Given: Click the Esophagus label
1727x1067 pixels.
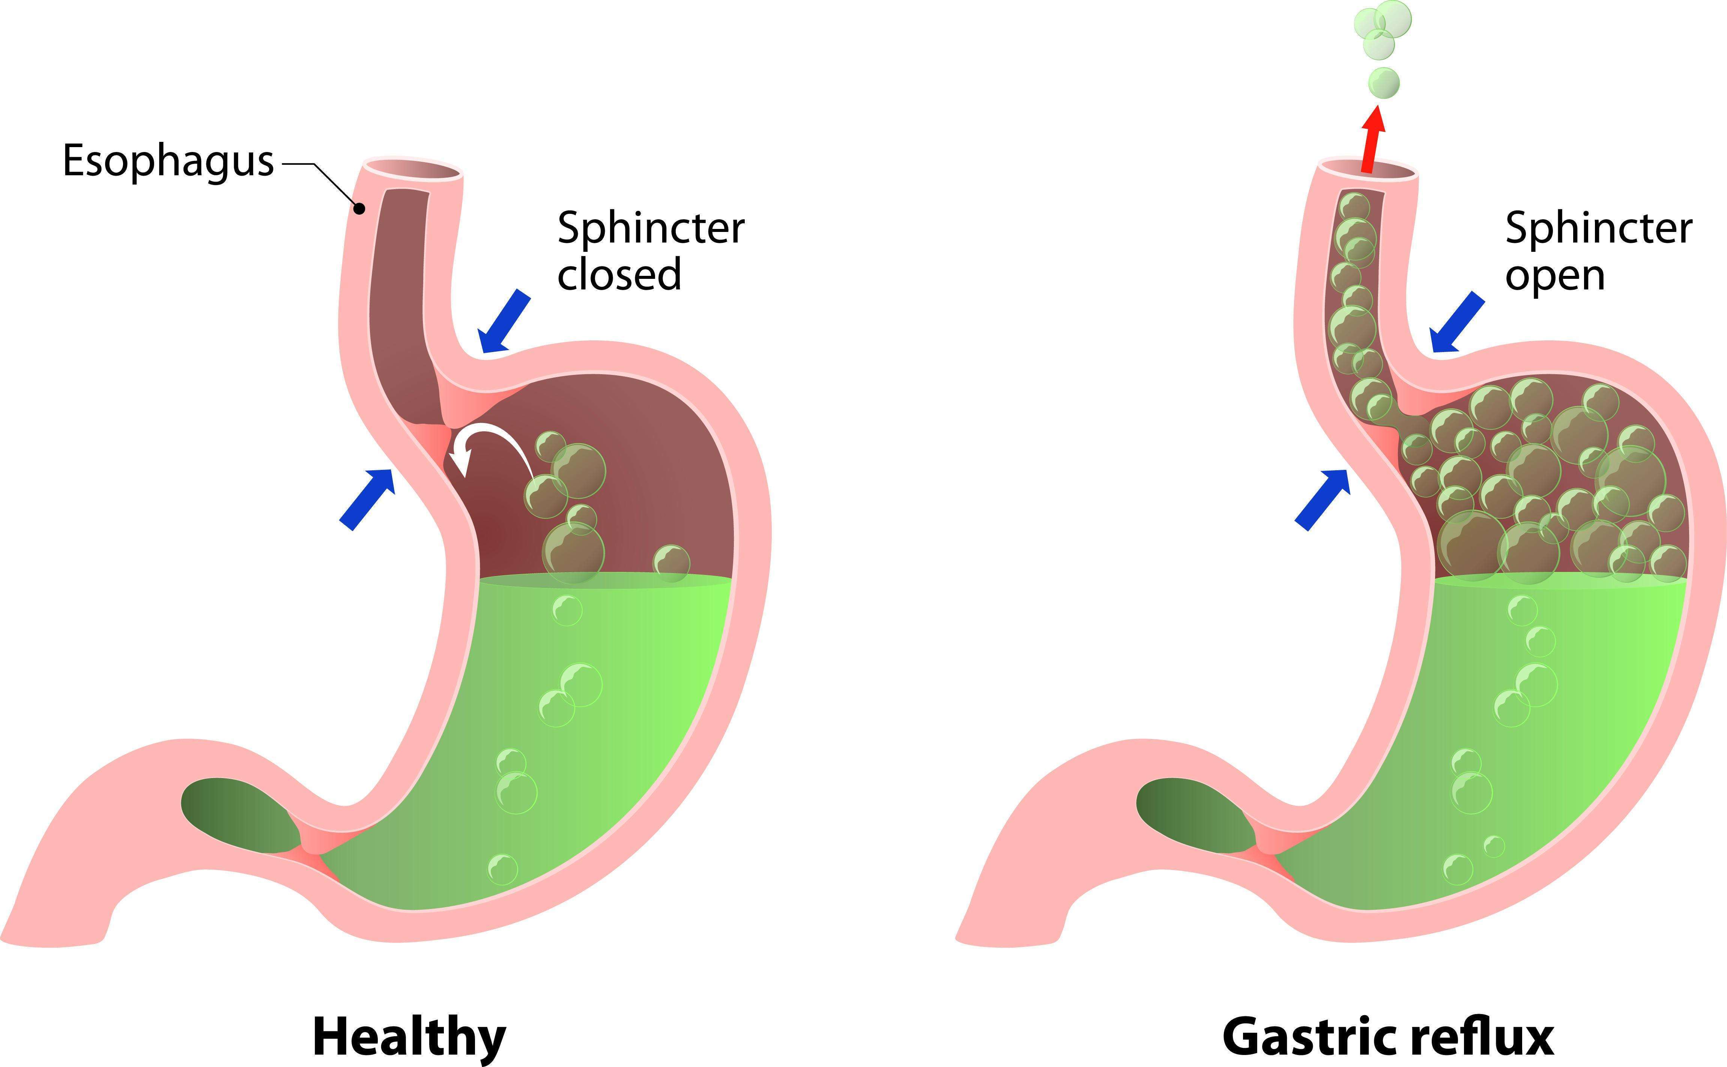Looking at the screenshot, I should tap(168, 161).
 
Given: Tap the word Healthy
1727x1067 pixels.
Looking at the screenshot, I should tap(409, 1036).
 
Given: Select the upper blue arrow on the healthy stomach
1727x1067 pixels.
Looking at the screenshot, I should tap(504, 322).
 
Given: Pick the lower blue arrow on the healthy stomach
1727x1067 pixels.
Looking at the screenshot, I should tap(367, 498).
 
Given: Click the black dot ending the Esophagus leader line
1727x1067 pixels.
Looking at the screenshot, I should tap(360, 208).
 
